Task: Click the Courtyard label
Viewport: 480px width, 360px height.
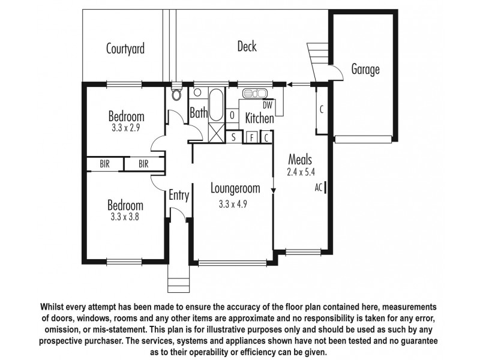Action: (x=125, y=49)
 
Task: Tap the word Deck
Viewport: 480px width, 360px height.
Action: (x=247, y=46)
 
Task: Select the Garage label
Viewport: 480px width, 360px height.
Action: (x=365, y=69)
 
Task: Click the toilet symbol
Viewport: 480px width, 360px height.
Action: (x=176, y=93)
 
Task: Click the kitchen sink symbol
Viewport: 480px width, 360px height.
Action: (x=254, y=93)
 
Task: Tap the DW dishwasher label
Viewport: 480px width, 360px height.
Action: (x=267, y=105)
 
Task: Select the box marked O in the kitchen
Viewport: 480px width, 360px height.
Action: (x=232, y=115)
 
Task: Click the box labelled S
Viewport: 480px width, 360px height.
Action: (x=233, y=137)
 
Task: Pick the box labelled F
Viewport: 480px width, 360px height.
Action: (x=252, y=137)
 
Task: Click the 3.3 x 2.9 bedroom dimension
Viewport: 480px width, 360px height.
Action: (x=125, y=128)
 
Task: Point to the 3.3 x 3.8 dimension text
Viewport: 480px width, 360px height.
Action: (x=125, y=217)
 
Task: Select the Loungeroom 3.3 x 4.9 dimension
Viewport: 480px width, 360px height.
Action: (x=233, y=204)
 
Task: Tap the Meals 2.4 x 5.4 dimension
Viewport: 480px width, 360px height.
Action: (x=301, y=172)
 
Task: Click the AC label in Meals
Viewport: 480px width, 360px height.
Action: (x=319, y=187)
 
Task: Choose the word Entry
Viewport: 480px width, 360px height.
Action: (x=179, y=196)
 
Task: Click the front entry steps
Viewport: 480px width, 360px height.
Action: (x=179, y=278)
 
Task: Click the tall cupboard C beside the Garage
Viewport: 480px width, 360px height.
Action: (x=322, y=109)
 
